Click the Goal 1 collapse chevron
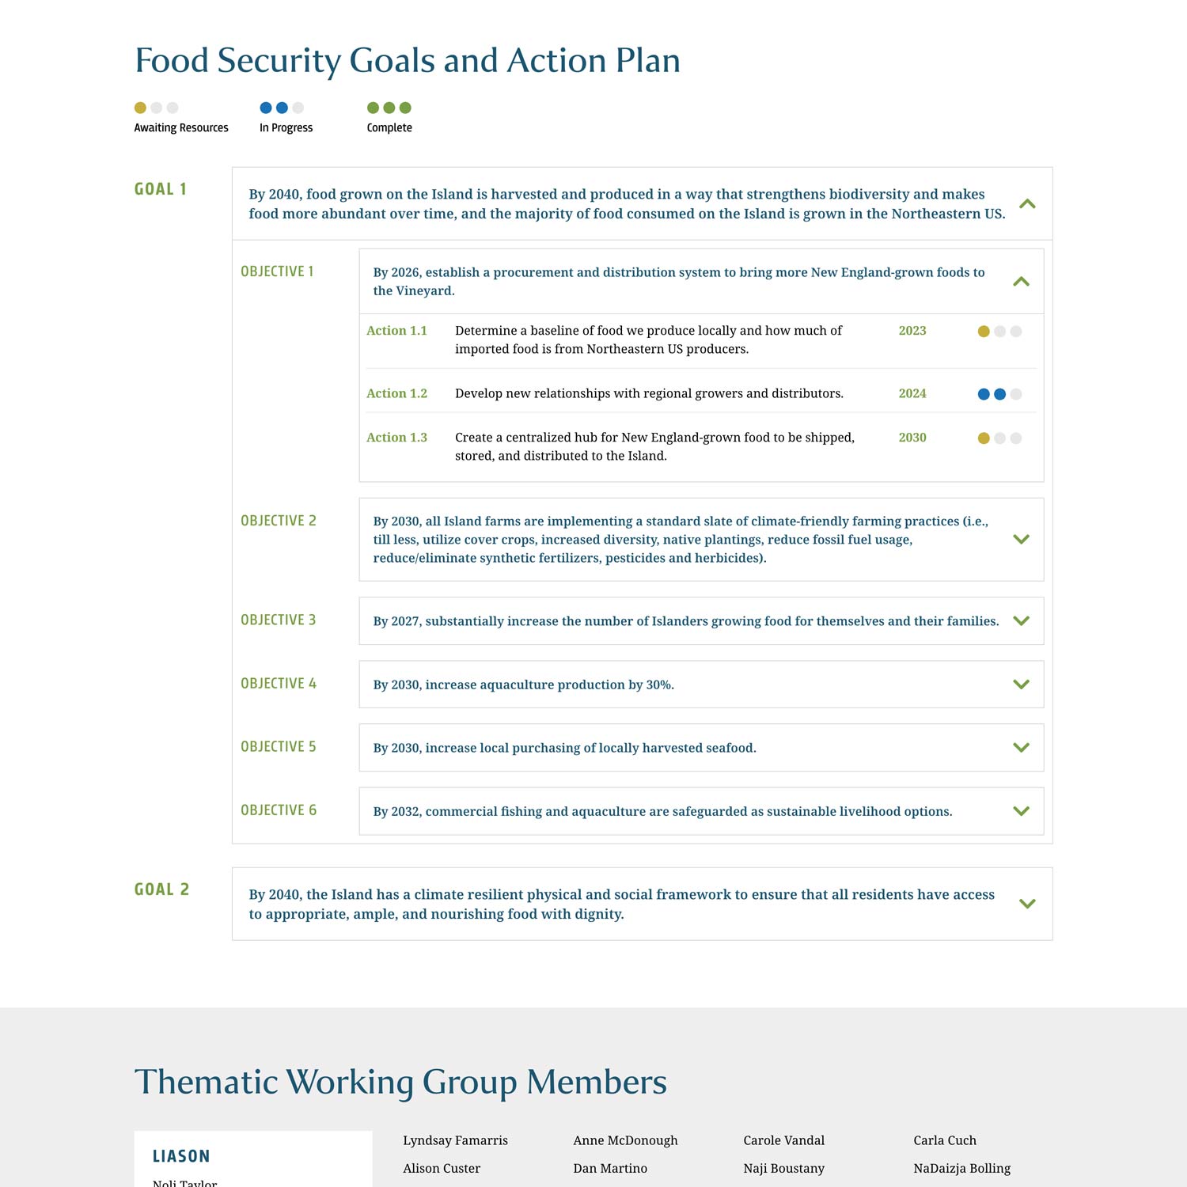point(1027,204)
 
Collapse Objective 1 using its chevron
point(1021,282)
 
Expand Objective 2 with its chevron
point(1021,540)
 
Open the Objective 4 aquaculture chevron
point(1021,685)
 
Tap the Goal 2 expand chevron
point(1027,904)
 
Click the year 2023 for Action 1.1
point(912,331)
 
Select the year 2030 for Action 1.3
point(912,438)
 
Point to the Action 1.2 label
point(396,393)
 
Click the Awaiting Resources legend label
point(181,127)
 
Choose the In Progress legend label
point(286,127)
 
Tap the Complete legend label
point(389,127)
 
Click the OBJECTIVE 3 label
point(278,620)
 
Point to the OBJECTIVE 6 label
point(278,810)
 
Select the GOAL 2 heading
point(161,889)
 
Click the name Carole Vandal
point(783,1140)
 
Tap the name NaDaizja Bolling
point(961,1168)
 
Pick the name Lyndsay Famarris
point(455,1140)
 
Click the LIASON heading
point(181,1156)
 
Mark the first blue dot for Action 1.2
point(984,394)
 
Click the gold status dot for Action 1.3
point(984,438)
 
